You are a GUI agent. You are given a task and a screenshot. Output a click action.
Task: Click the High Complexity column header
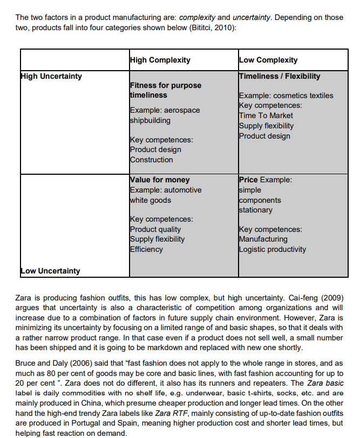pyautogui.click(x=160, y=60)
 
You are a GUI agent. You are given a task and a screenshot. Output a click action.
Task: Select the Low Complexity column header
pyautogui.click(x=268, y=60)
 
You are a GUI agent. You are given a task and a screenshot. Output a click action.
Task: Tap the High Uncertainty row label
pyautogui.click(x=51, y=76)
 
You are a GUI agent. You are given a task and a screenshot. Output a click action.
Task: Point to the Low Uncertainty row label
pyautogui.click(x=50, y=271)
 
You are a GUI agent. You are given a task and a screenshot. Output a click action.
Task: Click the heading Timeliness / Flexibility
pyautogui.click(x=280, y=76)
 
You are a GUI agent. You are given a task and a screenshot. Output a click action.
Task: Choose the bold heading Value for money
pyautogui.click(x=160, y=180)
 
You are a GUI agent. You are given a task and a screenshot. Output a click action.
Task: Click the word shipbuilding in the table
pyautogui.click(x=150, y=120)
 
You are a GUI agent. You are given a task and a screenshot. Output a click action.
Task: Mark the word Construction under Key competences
pyautogui.click(x=152, y=160)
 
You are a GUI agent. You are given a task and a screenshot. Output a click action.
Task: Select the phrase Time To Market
pyautogui.click(x=266, y=115)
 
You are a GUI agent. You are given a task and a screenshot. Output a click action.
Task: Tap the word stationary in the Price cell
pyautogui.click(x=256, y=210)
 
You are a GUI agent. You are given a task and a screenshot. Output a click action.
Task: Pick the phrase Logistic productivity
pyautogui.click(x=273, y=249)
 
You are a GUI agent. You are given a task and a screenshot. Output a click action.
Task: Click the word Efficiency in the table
pyautogui.click(x=146, y=249)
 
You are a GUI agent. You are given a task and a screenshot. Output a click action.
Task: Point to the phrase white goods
pyautogui.click(x=151, y=200)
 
